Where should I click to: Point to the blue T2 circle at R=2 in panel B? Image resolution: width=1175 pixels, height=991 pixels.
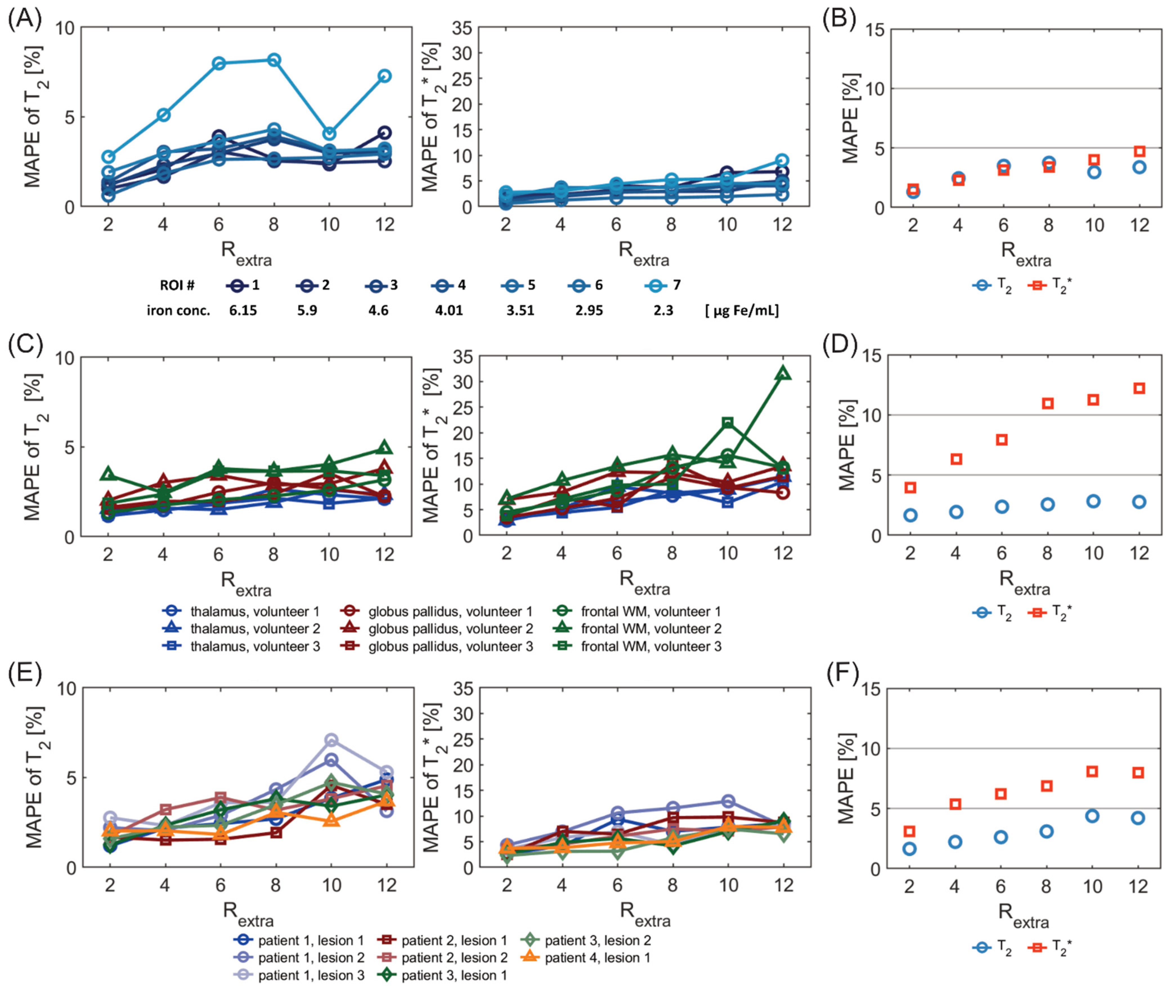913,192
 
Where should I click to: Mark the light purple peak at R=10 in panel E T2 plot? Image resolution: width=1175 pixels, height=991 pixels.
331,740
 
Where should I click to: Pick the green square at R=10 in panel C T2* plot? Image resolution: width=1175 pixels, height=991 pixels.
727,422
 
